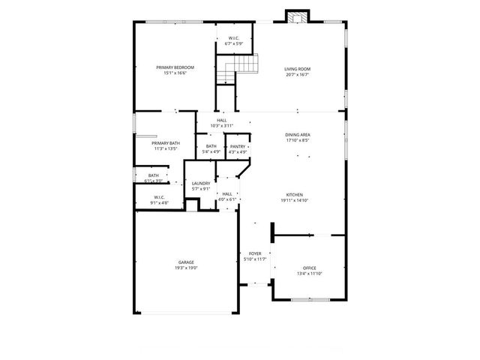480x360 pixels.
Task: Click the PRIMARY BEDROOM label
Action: click(170, 67)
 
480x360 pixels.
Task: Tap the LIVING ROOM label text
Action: click(297, 69)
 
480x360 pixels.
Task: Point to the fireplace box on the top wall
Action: click(296, 17)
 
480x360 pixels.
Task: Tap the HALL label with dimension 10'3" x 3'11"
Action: click(222, 120)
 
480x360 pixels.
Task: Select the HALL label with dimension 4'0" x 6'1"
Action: click(227, 193)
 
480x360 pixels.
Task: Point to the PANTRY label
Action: click(238, 146)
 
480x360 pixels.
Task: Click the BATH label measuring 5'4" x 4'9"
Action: click(211, 146)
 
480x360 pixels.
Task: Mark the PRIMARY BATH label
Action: click(165, 143)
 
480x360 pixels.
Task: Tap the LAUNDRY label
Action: click(200, 184)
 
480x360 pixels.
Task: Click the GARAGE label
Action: click(186, 262)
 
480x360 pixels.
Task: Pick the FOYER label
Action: click(255, 254)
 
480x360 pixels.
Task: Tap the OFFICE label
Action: click(309, 268)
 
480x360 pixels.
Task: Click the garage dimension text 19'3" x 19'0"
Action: click(186, 268)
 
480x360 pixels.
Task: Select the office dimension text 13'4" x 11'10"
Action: click(309, 274)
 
